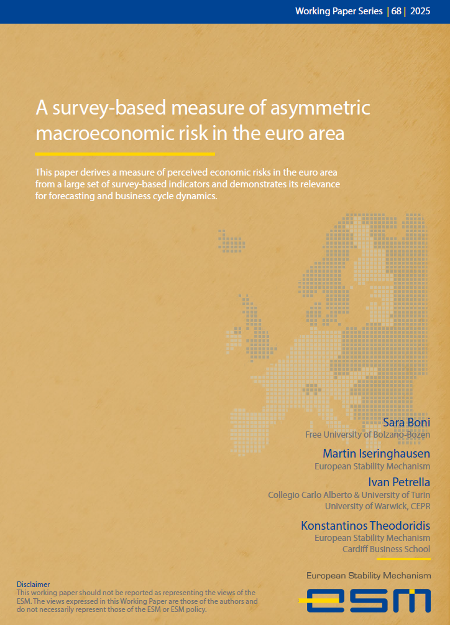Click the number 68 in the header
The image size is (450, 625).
pos(397,11)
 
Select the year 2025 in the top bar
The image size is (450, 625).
pos(420,11)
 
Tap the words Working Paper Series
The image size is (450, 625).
pos(339,11)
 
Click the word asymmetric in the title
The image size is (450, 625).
pos(321,108)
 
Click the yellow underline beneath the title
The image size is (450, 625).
pos(125,153)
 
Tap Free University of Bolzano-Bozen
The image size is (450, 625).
pos(367,435)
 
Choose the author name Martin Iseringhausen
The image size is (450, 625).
pos(376,453)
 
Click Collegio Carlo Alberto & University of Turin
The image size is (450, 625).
pos(349,495)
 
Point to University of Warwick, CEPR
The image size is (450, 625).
pos(377,505)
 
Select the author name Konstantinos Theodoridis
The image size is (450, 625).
pos(365,525)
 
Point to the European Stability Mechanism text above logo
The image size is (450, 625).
pos(368,576)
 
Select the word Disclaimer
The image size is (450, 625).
pos(34,585)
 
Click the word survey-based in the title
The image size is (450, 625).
pos(111,108)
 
